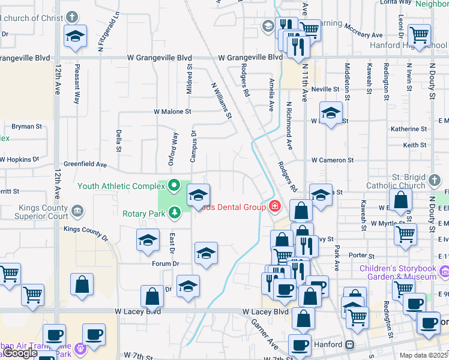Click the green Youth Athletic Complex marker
pyautogui.click(x=175, y=185)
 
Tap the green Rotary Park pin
pyautogui.click(x=175, y=212)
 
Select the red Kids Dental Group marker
pyautogui.click(x=275, y=206)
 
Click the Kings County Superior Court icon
pyautogui.click(x=77, y=211)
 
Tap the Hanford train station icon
pyautogui.click(x=349, y=345)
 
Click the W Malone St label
pyautogui.click(x=172, y=112)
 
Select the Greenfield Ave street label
pyautogui.click(x=85, y=164)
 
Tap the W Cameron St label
pyautogui.click(x=333, y=160)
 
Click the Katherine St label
pyautogui.click(x=408, y=129)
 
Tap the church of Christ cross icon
pyautogui.click(x=72, y=17)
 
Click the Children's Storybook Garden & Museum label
pyautogui.click(x=397, y=272)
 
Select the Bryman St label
pyautogui.click(x=26, y=127)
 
